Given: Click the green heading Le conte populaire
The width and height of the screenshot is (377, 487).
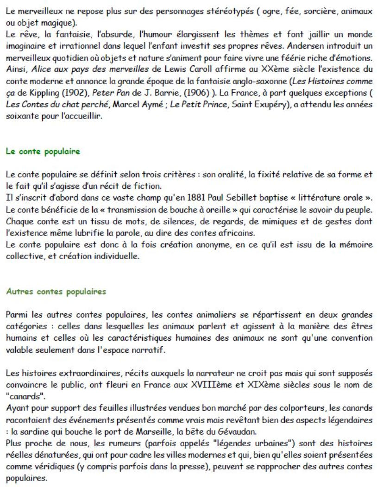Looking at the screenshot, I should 43,151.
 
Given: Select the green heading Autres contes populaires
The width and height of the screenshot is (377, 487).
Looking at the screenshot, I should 56,292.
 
